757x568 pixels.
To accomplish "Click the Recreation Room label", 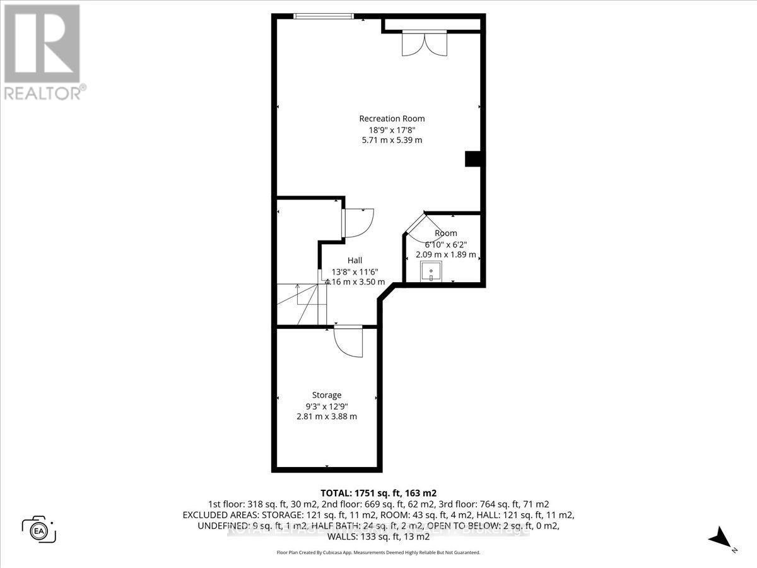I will [x=392, y=119].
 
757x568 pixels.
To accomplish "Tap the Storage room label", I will [x=327, y=395].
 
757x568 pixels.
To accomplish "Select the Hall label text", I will [x=355, y=260].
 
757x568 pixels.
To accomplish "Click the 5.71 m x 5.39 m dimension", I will [x=392, y=140].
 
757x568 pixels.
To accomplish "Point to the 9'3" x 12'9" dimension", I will [x=327, y=406].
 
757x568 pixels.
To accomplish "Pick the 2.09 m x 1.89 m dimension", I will [x=445, y=255].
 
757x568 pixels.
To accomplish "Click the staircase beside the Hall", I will [x=300, y=304].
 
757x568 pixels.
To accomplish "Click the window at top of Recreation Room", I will [x=324, y=16].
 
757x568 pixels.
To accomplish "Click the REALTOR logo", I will [x=42, y=50].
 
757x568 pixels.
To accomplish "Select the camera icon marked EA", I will [x=39, y=529].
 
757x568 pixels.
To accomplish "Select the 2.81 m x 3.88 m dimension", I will [x=327, y=417].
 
